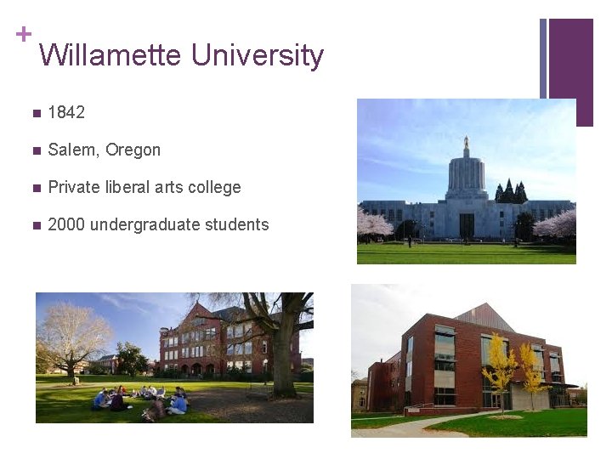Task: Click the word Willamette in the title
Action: pyautogui.click(x=110, y=56)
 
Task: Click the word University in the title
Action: pyautogui.click(x=257, y=56)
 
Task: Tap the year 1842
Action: pyautogui.click(x=66, y=112)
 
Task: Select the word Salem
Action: pyautogui.click(x=73, y=150)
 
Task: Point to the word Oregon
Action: pyautogui.click(x=133, y=150)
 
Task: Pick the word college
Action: pyautogui.click(x=212, y=188)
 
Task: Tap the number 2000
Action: pyautogui.click(x=66, y=224)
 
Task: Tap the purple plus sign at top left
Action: pyautogui.click(x=23, y=34)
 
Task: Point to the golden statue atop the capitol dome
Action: pyautogui.click(x=466, y=141)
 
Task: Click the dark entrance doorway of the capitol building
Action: pyautogui.click(x=467, y=225)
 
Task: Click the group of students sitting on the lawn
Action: pyautogui.click(x=140, y=399)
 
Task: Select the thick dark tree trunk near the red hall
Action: pyautogui.click(x=283, y=365)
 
